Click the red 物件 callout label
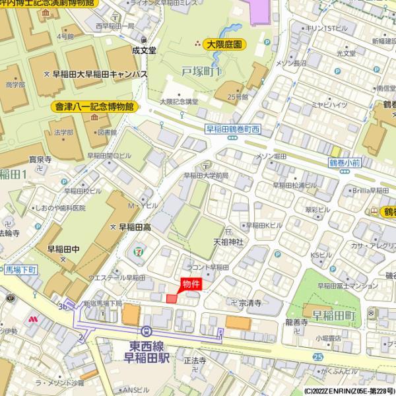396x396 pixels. pos(191,284)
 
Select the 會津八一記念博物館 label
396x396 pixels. pos(94,106)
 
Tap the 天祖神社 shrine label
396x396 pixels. pos(228,242)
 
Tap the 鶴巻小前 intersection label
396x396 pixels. pos(345,162)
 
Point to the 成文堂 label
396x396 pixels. pos(143,49)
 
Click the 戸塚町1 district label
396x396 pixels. pos(201,71)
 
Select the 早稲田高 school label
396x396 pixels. pos(135,226)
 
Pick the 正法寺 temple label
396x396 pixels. pos(195,361)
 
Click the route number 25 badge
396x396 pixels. pos(318,356)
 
